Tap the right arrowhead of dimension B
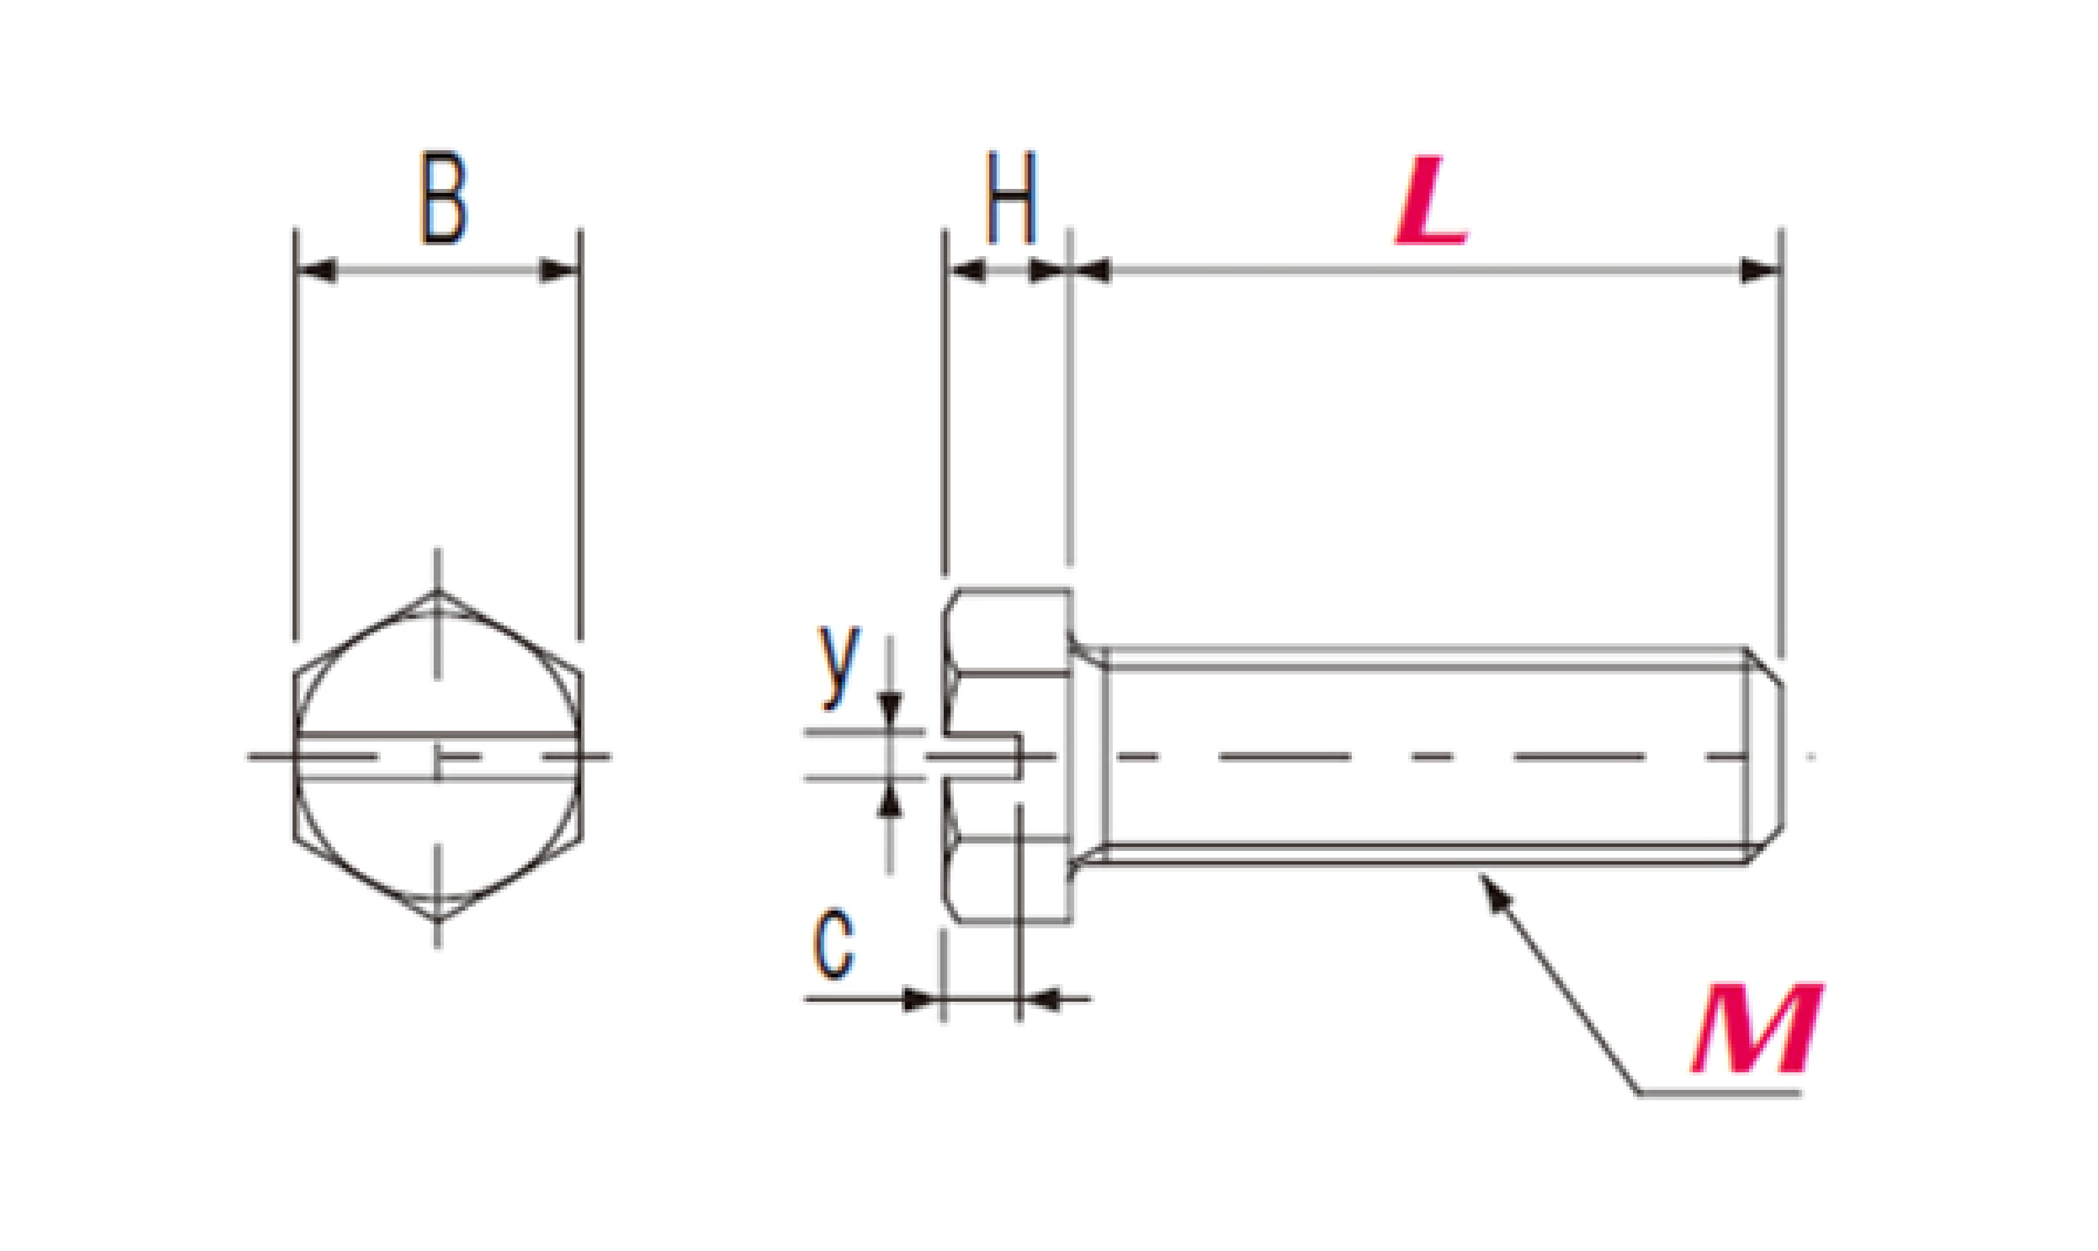(559, 270)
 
